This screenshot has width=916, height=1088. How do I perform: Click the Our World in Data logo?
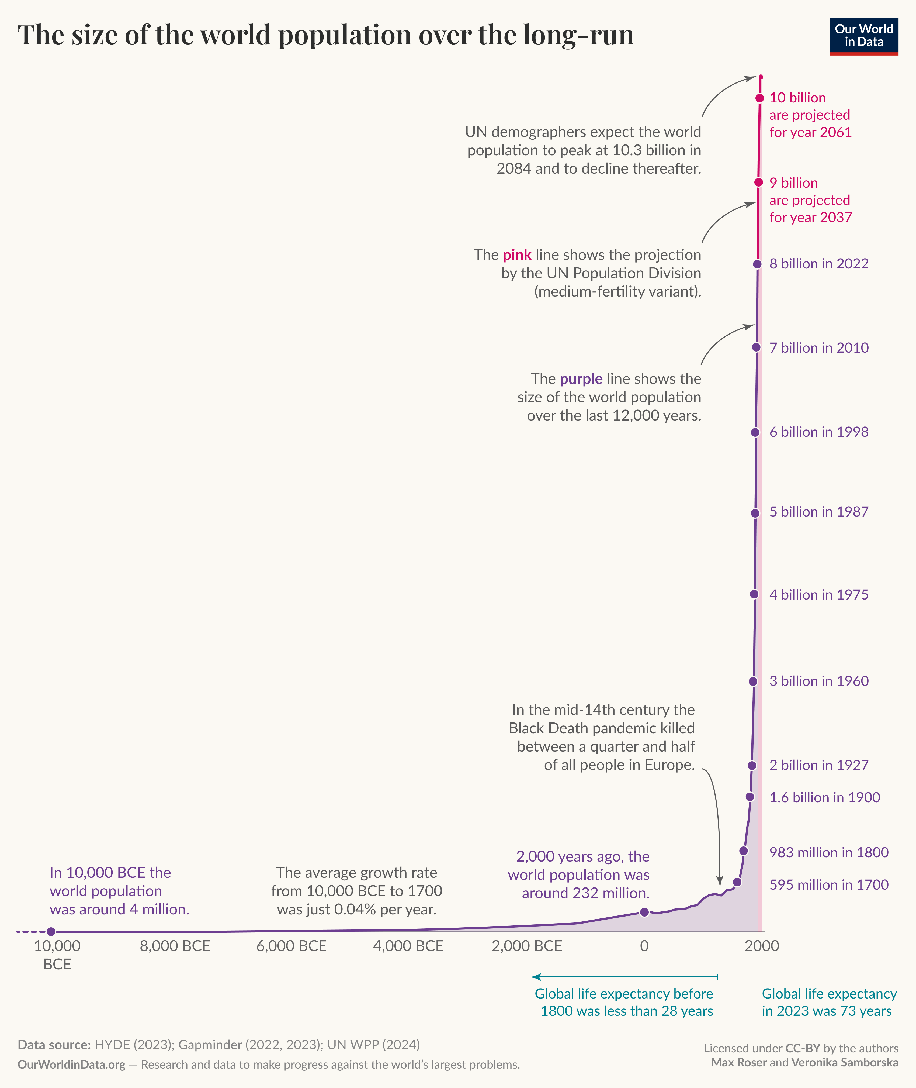pos(863,36)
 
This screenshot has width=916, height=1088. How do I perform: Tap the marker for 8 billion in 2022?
pos(757,264)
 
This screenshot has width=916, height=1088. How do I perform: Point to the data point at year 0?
pos(644,912)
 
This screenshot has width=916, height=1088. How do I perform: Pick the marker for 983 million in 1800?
pos(743,851)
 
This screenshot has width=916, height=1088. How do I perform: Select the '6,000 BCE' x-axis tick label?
pos(291,946)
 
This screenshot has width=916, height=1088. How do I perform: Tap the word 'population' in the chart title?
pos(343,35)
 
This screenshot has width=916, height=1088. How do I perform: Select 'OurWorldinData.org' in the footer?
pos(72,1064)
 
